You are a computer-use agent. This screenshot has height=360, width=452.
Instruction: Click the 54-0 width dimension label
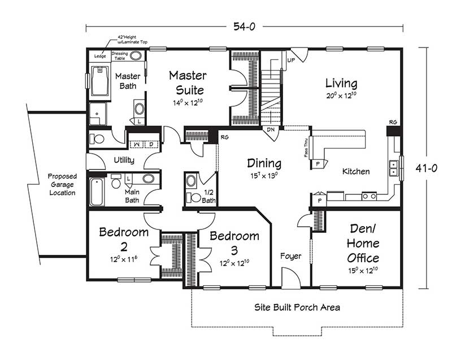pos(244,27)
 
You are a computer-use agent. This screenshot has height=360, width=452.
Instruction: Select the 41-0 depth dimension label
pos(426,168)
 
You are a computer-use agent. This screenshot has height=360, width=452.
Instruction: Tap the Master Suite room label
pos(188,83)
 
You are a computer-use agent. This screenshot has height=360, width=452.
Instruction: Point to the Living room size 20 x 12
pos(341,96)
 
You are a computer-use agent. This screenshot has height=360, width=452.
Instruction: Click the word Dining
pos(264,163)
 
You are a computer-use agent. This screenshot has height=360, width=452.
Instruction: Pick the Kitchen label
pos(356,171)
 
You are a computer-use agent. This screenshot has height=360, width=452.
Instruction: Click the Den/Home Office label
pos(363,243)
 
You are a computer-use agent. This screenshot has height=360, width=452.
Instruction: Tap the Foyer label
pos(290,256)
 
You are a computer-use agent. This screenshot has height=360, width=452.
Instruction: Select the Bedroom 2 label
pos(124,239)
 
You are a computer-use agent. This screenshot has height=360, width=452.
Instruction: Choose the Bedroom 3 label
pos(234,243)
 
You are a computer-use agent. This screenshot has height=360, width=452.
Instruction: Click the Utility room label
pos(124,161)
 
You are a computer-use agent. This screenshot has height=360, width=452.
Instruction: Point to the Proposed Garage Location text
pos(62,184)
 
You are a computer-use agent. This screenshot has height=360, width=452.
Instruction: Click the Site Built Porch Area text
pos(297,307)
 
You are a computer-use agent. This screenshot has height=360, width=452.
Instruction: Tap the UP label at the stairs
pos(291,60)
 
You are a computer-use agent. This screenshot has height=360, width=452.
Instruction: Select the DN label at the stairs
pos(271,130)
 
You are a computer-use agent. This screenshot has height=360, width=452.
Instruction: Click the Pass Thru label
pos(306,148)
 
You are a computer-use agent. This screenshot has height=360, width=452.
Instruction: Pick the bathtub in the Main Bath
pos(97,192)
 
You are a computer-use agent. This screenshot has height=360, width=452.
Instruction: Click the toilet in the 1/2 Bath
pos(193,197)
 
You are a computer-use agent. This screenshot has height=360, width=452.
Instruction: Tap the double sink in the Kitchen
pos(393,168)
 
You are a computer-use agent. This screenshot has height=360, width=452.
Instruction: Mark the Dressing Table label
pos(120,56)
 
